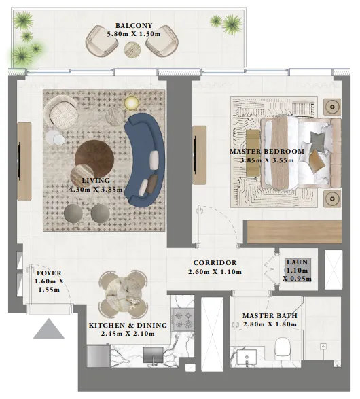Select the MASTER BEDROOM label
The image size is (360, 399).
click(x=266, y=151)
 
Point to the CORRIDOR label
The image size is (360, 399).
click(x=215, y=263)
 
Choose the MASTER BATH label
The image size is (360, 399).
click(x=269, y=316)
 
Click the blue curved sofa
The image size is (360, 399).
click(x=145, y=154)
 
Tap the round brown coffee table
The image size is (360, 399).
click(x=94, y=158)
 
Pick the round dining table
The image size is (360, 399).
click(x=122, y=290)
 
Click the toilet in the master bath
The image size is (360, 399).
click(x=281, y=349)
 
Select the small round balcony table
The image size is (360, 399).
click(x=132, y=49)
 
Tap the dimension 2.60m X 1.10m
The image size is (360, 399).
click(x=215, y=273)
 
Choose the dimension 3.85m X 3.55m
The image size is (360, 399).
click(x=266, y=160)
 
